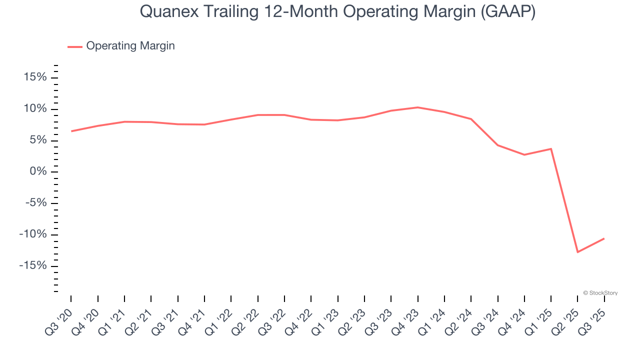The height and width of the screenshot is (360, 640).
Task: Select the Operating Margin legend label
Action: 130,46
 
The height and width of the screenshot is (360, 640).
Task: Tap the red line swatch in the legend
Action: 75,46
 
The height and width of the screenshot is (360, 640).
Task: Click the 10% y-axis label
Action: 34,109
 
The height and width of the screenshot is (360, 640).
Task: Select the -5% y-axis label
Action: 34,203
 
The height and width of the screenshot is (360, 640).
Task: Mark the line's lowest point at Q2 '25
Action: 577,252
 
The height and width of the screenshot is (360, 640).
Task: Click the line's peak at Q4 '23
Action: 417,107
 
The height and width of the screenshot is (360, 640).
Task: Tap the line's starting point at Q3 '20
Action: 71,131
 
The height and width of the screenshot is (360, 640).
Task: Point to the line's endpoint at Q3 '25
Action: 604,238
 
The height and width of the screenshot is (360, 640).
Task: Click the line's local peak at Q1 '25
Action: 551,148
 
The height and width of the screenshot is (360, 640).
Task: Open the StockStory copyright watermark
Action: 600,293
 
